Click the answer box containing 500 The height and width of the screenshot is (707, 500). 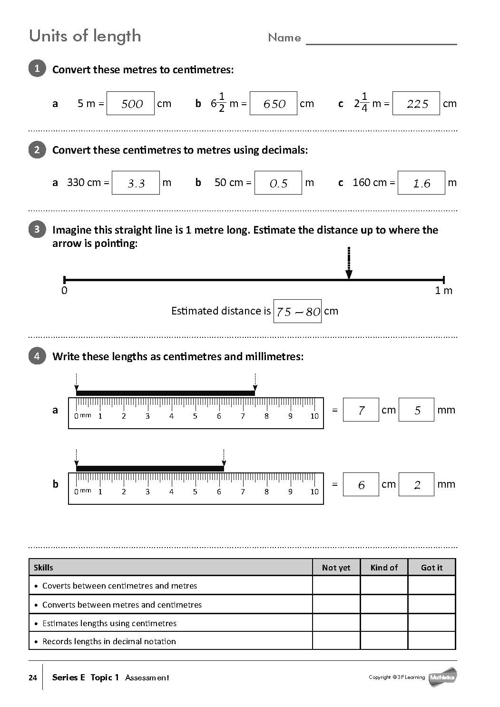coord(130,103)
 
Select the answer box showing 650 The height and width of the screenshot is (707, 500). coord(273,103)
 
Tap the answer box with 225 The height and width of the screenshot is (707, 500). coord(416,103)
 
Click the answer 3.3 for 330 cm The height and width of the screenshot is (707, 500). coord(136,183)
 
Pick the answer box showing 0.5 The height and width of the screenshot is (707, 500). coord(278,183)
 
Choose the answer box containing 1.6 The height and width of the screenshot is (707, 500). coord(421,183)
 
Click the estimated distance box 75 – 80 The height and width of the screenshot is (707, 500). coord(297,311)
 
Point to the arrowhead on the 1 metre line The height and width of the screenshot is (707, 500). coord(349,274)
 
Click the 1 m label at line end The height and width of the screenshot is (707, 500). coord(443,290)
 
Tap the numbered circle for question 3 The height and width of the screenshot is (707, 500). coord(37,229)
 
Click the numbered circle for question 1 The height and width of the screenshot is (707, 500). coord(37,69)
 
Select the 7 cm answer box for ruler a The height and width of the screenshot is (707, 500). coord(361,410)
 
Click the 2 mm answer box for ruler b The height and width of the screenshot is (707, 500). coord(416,484)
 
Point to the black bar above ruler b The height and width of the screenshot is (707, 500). coord(150,469)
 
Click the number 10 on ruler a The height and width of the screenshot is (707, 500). coord(314,416)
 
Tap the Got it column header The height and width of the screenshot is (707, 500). coord(431,567)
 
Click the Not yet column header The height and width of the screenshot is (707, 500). coord(336,567)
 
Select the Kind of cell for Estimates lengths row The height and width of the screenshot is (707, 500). coord(384,623)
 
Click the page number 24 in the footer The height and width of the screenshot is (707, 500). coord(33,678)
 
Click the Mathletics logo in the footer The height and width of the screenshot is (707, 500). coord(442,677)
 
